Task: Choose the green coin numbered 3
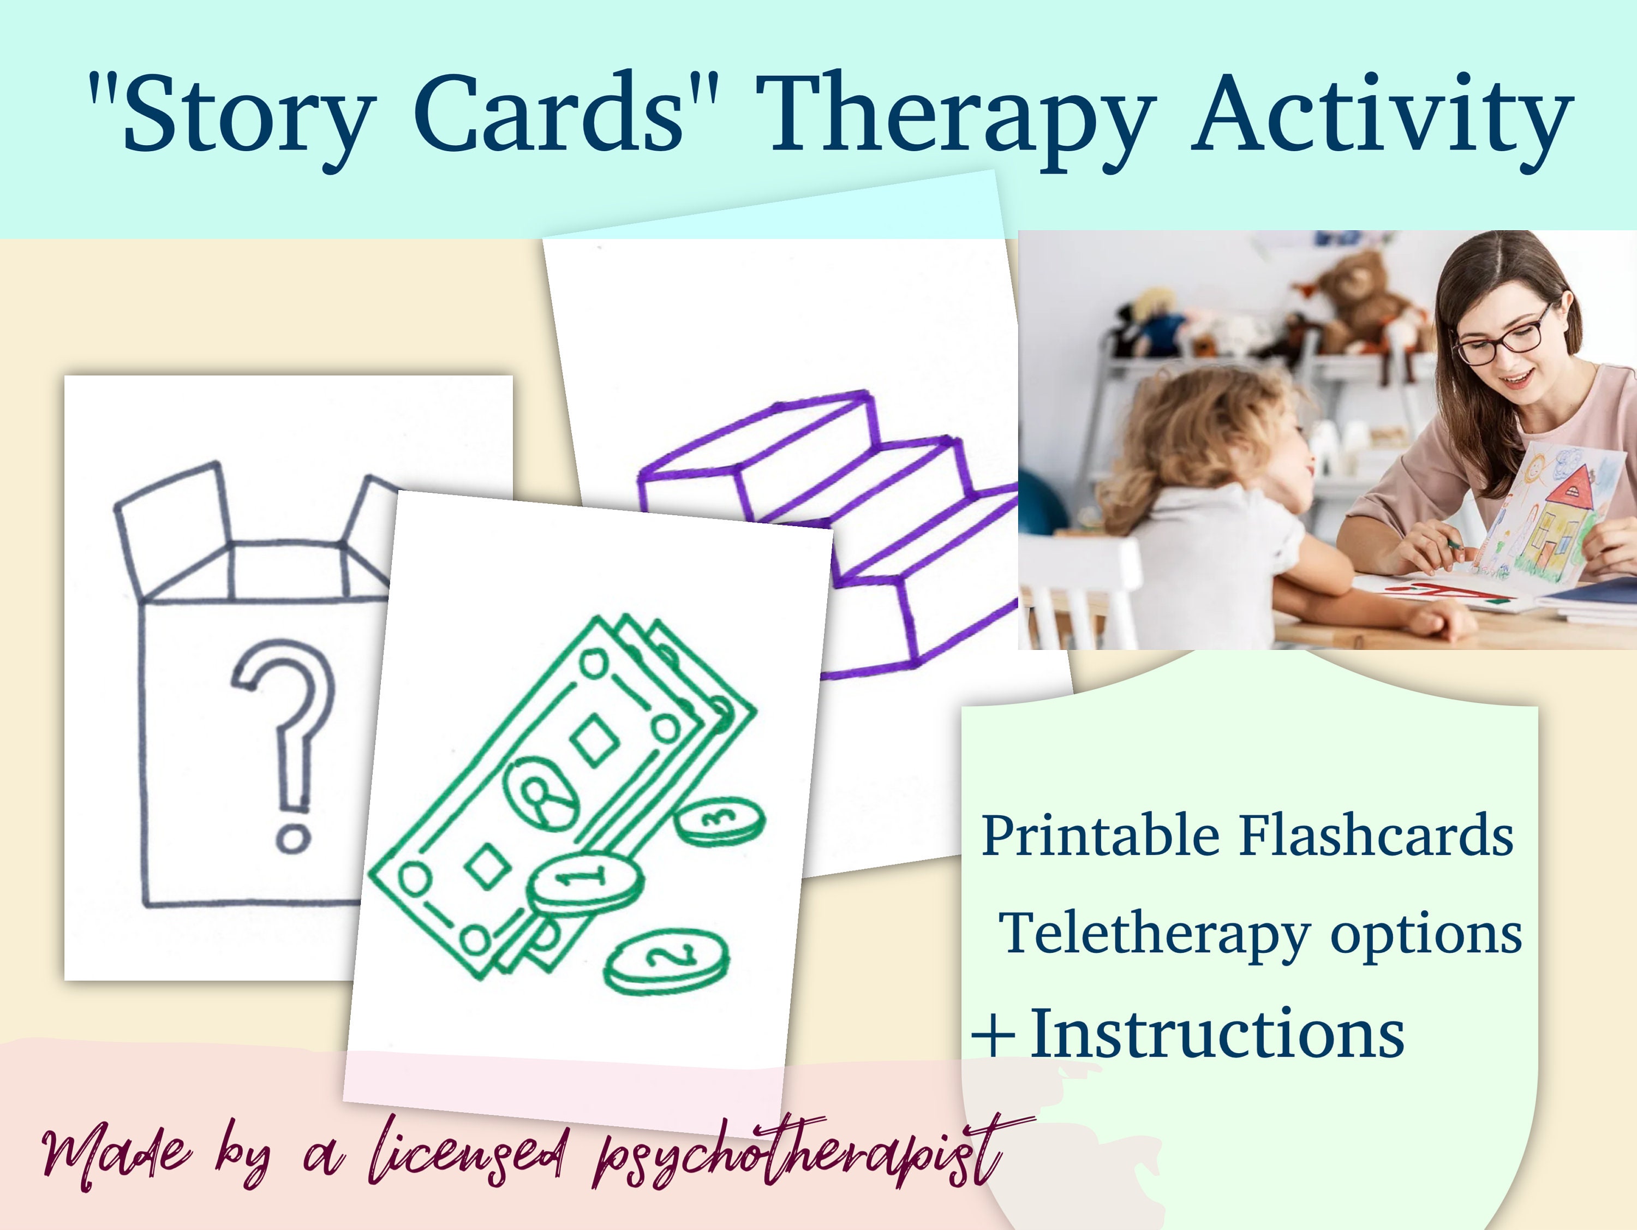(x=721, y=821)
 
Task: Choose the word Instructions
(x=1217, y=1035)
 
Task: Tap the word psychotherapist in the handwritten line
(x=799, y=1155)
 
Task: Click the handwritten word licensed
(x=466, y=1155)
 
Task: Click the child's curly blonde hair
(x=1199, y=437)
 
